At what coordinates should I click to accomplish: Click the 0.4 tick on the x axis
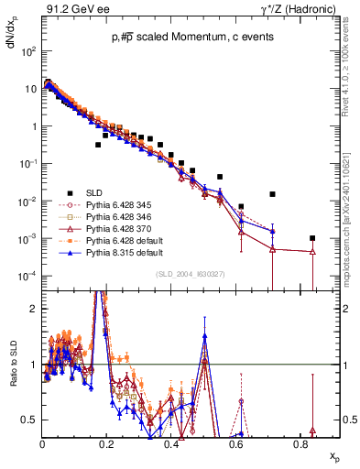pos(171,442)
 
